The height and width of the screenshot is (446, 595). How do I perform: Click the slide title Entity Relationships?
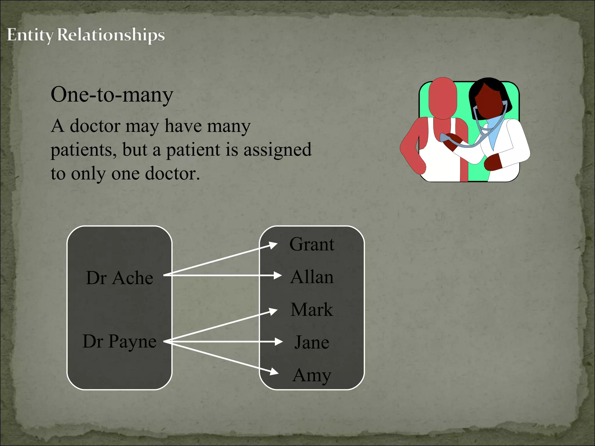coord(86,35)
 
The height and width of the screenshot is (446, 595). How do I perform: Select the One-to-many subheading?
coord(112,95)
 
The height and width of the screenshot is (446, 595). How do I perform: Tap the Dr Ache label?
coord(119,278)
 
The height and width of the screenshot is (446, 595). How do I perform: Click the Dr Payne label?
coord(119,341)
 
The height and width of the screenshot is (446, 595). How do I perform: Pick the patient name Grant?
coord(312,244)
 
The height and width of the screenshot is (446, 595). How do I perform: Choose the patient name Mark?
coord(312,310)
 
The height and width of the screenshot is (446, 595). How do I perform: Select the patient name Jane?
coord(312,342)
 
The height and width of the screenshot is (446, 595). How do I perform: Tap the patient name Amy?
coord(312,375)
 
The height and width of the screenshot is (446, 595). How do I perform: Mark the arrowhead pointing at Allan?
coord(277,275)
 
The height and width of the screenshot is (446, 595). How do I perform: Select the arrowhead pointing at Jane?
coord(278,342)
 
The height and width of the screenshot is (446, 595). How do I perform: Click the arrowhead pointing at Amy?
coord(274,371)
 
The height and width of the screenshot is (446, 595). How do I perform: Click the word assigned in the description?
coord(277,150)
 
